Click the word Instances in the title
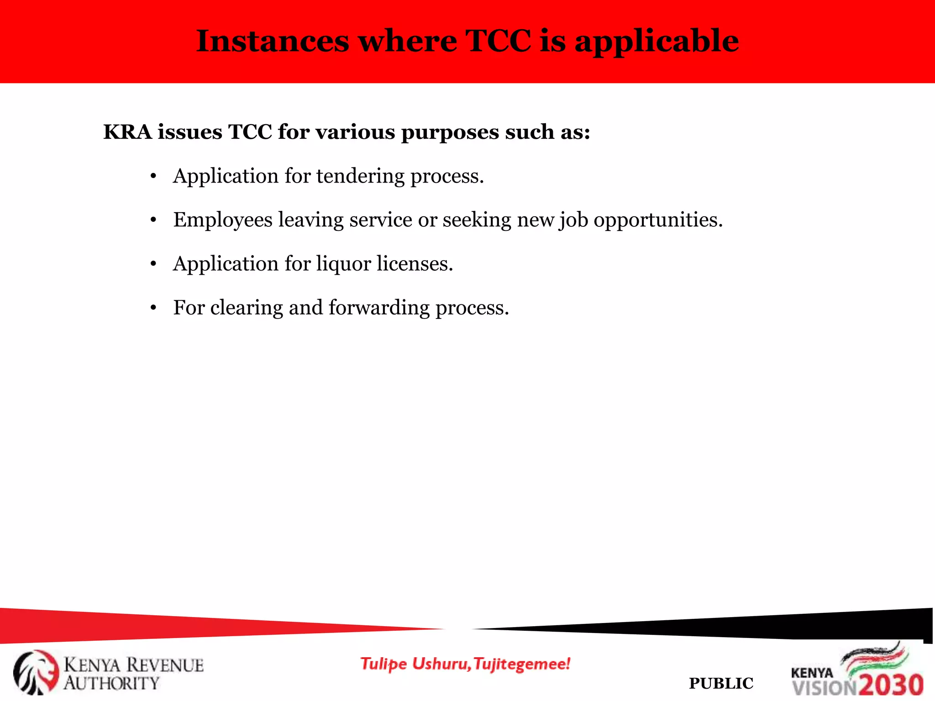[273, 41]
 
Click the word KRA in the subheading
[127, 132]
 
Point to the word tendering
[360, 176]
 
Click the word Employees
[223, 220]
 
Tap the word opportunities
[658, 220]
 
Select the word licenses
[415, 264]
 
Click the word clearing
[247, 308]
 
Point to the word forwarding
[379, 308]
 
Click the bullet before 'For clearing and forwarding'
[153, 308]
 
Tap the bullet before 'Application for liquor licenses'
[153, 264]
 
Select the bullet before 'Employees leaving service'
[153, 220]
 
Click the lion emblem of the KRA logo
[36, 672]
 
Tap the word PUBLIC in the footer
[721, 683]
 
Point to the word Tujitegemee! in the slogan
[522, 664]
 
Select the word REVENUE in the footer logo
[165, 665]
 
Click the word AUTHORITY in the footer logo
[111, 683]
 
